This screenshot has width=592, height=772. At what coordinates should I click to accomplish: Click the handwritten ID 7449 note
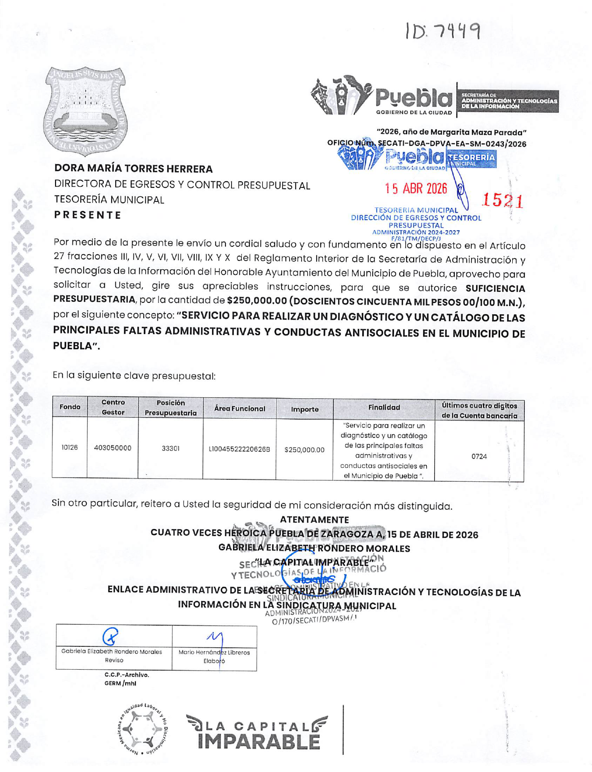pos(443,31)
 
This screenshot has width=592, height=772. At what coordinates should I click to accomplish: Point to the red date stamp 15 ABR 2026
pos(416,188)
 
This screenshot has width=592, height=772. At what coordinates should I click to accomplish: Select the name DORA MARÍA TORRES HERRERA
pos(134,169)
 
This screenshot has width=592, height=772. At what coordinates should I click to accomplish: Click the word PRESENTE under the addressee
pos(88,215)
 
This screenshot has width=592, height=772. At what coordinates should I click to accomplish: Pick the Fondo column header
pos(70,407)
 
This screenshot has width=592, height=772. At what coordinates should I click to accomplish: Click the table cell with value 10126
pos(70,448)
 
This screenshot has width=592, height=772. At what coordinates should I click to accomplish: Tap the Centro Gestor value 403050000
pos(113,448)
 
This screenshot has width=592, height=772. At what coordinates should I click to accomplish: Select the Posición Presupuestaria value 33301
pos(170,448)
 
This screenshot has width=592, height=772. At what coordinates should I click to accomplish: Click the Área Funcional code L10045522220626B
pos(239,449)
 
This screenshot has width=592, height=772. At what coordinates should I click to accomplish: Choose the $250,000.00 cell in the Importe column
pos(304,450)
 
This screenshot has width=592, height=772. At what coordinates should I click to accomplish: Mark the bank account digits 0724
pos(479,456)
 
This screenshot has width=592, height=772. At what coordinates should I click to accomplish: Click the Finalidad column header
pos(384,407)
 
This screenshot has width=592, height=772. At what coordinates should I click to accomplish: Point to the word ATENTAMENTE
pos(314,520)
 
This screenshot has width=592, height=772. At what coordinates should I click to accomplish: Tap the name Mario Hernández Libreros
pos(214,652)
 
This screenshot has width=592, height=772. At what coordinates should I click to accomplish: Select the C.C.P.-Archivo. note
pos(127,675)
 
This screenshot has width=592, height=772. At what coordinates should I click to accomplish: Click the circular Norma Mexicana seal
pos(142,729)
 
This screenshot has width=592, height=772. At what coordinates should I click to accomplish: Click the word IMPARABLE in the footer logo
pos(259,742)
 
